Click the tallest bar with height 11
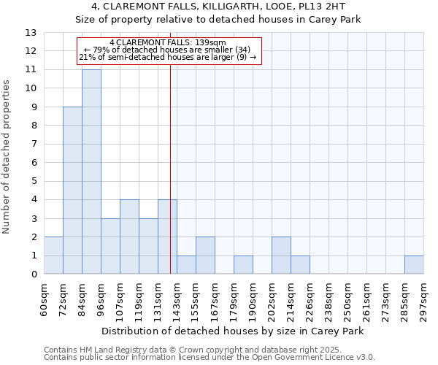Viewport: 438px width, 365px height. (91, 172)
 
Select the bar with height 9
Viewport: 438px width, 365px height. (72, 191)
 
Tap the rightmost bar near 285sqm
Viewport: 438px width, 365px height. (414, 265)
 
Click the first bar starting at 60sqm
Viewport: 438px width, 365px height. (53, 255)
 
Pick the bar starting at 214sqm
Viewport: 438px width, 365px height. (300, 265)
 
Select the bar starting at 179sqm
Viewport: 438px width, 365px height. (243, 265)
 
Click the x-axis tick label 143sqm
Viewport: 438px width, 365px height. (177, 299)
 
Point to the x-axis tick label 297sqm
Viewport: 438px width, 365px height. (424, 299)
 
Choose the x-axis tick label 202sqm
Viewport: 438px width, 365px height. (272, 299)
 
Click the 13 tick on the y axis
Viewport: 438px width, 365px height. (31, 33)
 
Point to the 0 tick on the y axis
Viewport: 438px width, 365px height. (34, 274)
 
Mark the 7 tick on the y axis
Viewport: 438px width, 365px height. (34, 145)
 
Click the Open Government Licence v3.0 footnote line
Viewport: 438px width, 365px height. (210, 358)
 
